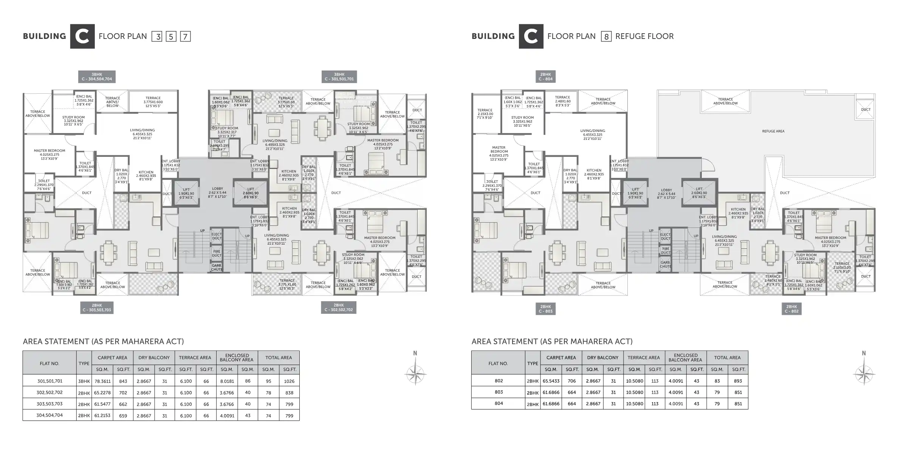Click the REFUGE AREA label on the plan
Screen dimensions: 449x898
point(773,131)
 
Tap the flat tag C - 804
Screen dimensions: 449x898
point(545,77)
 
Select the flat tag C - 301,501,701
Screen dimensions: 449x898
point(339,77)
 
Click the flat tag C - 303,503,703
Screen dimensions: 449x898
point(97,308)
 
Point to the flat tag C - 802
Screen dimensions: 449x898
point(791,309)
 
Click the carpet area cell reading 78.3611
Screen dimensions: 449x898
point(102,381)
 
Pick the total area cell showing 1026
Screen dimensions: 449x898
point(289,381)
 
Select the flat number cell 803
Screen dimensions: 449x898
point(499,392)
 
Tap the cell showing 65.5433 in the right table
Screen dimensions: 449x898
point(551,381)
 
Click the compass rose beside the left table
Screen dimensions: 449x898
point(415,374)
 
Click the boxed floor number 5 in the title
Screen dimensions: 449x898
point(171,37)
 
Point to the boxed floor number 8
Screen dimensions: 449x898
point(606,37)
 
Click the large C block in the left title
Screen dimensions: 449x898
point(82,36)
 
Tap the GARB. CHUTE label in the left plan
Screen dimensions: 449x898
point(217,268)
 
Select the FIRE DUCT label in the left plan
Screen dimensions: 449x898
point(217,253)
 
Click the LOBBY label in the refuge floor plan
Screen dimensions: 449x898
point(666,193)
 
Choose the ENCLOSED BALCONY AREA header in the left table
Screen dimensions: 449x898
point(237,358)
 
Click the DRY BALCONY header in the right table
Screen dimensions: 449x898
point(603,358)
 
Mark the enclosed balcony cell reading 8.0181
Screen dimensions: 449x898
point(227,381)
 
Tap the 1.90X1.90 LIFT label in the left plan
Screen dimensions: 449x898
point(186,193)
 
